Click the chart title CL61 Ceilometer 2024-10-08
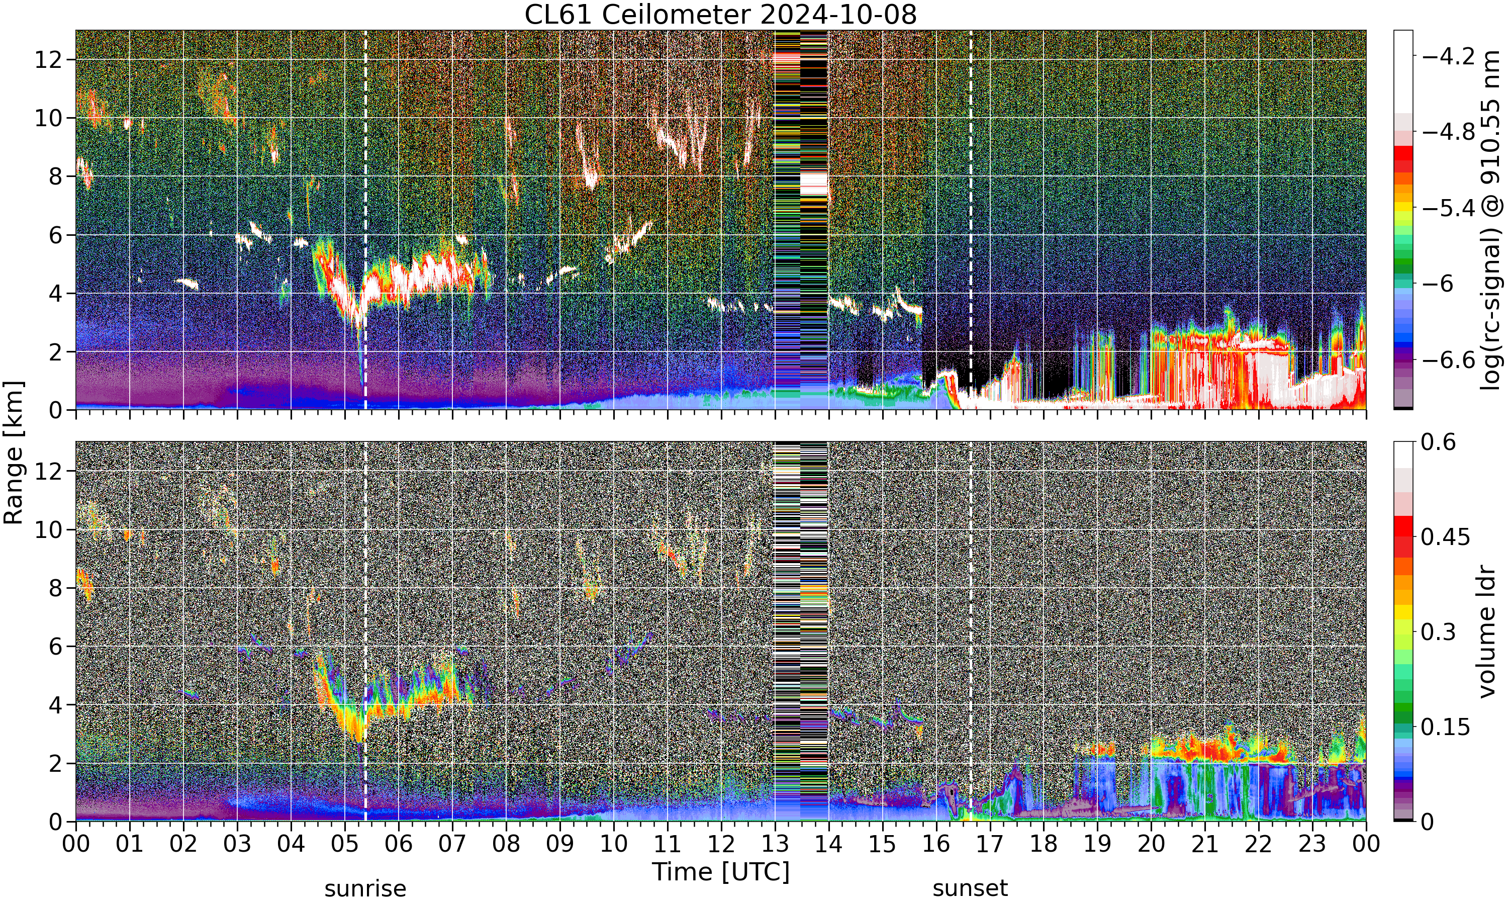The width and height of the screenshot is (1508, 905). click(720, 15)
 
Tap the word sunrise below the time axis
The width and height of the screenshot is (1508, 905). click(365, 888)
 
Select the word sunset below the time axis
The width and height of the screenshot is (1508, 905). click(970, 888)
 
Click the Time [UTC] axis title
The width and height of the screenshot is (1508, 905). click(720, 872)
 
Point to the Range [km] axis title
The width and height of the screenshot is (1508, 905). click(14, 452)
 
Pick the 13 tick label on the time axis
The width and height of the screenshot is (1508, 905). click(775, 844)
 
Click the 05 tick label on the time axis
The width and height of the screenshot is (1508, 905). click(344, 844)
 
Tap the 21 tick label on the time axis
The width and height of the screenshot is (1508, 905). click(1204, 844)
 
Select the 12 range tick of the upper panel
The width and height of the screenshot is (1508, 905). click(48, 59)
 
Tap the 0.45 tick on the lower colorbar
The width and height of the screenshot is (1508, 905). click(1445, 536)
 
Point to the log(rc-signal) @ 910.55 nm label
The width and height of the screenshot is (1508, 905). click(1491, 220)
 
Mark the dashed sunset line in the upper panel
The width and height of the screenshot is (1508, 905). click(970, 220)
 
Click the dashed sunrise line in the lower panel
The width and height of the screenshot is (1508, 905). click(365, 631)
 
